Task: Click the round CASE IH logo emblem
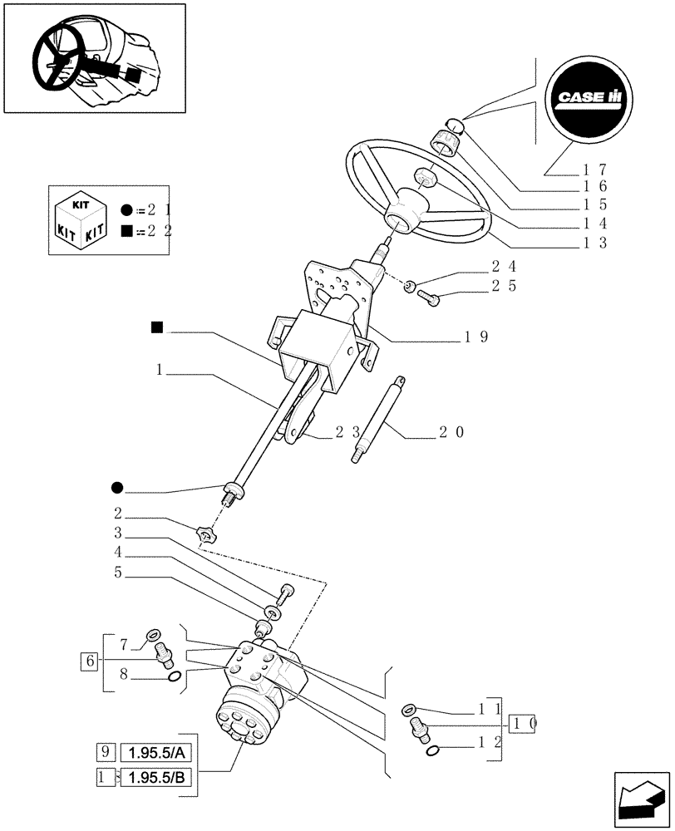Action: coord(590,97)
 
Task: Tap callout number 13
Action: coord(595,243)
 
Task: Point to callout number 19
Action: coord(476,337)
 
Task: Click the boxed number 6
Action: coord(88,661)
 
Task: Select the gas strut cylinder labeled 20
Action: coord(382,419)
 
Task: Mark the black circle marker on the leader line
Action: coord(118,485)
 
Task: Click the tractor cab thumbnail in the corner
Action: coord(94,58)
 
